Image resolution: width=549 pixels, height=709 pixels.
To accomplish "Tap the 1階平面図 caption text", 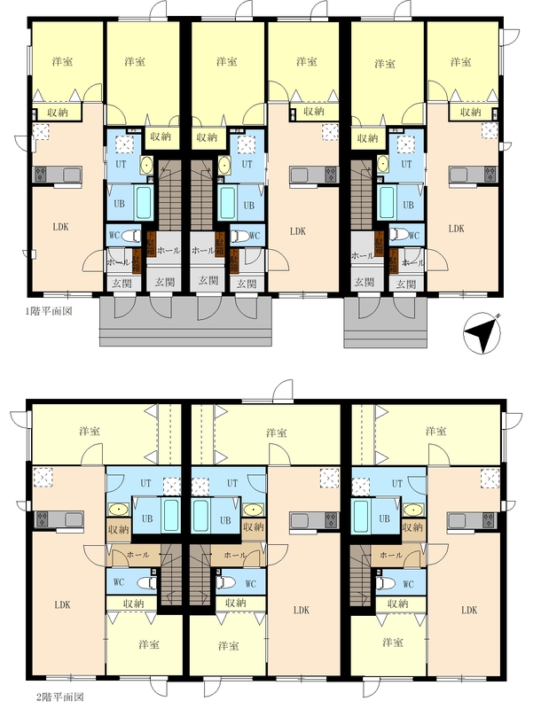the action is [x=49, y=312].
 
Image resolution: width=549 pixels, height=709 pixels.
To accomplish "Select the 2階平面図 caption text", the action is [x=59, y=697].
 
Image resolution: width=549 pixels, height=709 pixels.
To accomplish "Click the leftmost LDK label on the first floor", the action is [x=60, y=227].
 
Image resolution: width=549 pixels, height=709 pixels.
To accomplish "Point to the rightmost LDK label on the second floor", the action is [x=469, y=610].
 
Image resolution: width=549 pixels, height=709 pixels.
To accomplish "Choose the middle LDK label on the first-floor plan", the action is [x=298, y=231].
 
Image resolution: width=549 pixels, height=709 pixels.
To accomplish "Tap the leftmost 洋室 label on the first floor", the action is [x=62, y=61].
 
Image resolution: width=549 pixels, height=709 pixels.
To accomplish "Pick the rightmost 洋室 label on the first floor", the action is [x=460, y=62].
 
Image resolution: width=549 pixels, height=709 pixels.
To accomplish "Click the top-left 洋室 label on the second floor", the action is [x=90, y=431].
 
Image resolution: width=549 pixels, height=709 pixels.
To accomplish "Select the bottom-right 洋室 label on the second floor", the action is [x=392, y=642].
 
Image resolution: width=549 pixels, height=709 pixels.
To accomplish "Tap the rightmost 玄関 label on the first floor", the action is [x=406, y=284].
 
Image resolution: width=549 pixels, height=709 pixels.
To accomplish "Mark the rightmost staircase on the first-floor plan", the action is [x=362, y=195].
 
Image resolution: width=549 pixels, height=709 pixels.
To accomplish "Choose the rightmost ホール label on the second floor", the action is [x=391, y=555].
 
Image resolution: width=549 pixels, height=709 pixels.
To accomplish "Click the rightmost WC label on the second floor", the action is [x=408, y=584].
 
